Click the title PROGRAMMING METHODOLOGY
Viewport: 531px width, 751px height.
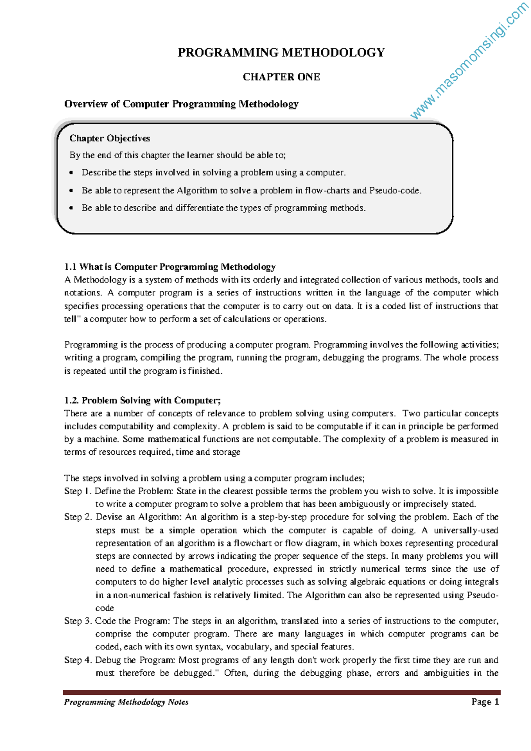(281, 53)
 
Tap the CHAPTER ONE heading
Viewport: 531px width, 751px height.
(281, 77)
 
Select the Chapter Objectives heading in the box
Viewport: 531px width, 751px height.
(109, 139)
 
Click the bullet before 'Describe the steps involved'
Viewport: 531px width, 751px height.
(71, 173)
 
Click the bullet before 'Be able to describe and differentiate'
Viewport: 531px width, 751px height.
(71, 208)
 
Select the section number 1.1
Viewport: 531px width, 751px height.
(70, 267)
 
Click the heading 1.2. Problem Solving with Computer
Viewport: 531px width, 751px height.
(142, 401)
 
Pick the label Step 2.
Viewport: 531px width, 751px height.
(78, 517)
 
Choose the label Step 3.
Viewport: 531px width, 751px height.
(78, 621)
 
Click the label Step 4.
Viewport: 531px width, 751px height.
(78, 660)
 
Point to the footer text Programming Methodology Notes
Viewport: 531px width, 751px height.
(126, 702)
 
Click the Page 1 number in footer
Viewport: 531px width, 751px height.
(485, 702)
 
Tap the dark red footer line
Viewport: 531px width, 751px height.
(281, 692)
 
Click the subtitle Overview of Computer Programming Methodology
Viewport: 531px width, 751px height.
(181, 104)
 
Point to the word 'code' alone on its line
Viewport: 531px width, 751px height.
(104, 608)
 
